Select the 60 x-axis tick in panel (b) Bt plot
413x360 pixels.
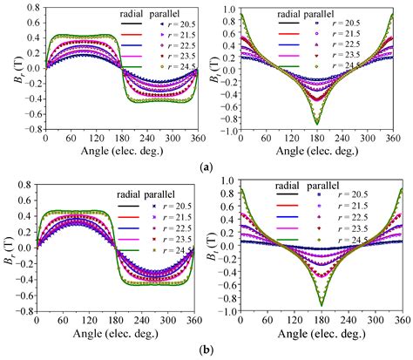(x=273, y=320)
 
